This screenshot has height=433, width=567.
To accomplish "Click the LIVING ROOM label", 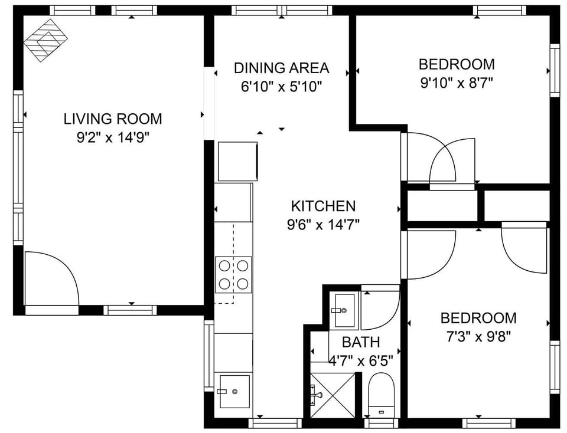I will tap(112, 119).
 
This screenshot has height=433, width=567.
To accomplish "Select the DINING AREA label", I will tap(281, 68).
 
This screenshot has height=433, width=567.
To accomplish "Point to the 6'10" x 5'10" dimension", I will tap(281, 87).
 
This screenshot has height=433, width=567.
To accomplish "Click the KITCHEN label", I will tap(323, 206).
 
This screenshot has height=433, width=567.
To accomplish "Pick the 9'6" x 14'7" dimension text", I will tap(323, 224).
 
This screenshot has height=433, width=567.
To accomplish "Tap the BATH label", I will tap(361, 342).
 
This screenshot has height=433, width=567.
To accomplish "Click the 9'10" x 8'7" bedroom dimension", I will tap(457, 83).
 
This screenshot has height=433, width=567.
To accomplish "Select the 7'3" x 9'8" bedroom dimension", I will tap(478, 337).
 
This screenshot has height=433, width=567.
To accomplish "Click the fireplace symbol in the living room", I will tap(45, 40).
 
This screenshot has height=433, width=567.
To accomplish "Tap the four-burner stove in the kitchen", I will tap(233, 274).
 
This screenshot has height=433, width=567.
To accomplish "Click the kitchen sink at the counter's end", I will tap(234, 391).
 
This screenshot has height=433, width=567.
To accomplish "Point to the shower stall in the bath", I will tap(333, 395).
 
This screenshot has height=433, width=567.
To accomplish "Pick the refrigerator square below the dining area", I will tap(238, 160).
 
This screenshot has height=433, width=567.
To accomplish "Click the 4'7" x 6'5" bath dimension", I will tap(361, 360).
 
